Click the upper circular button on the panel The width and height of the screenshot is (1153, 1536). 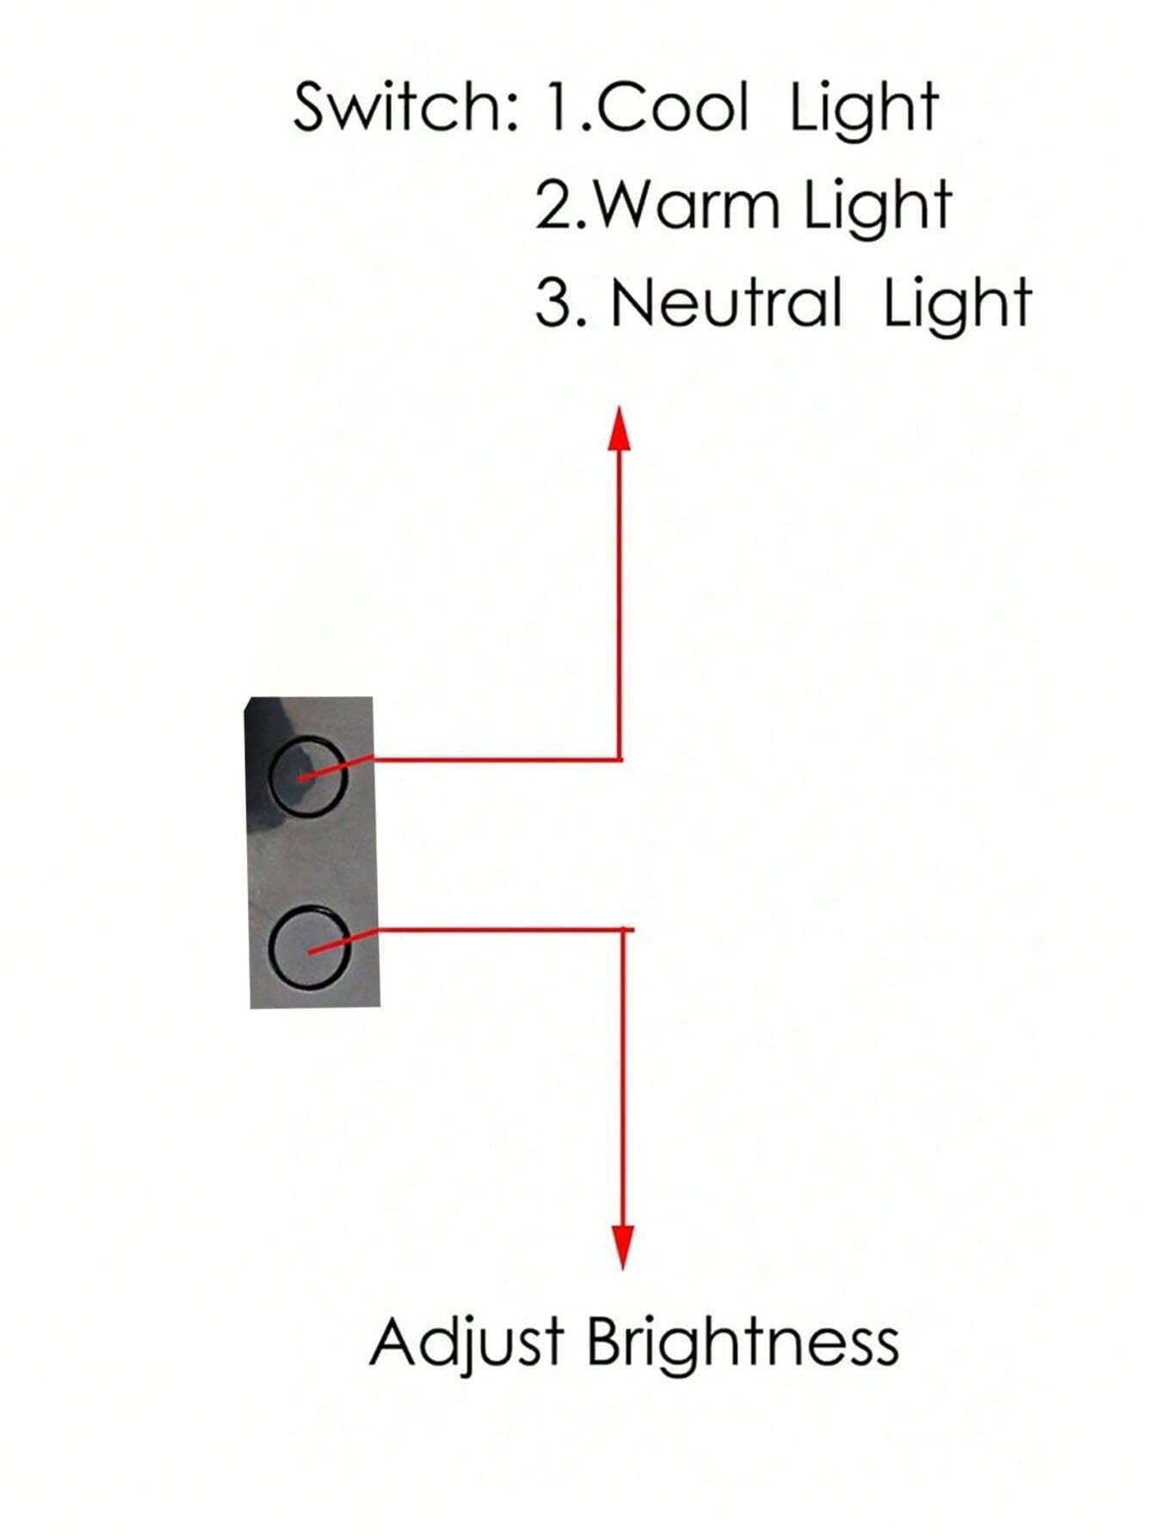pos(309,776)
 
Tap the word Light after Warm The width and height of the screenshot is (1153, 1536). pos(877,207)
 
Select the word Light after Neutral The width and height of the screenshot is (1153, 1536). pos(957,304)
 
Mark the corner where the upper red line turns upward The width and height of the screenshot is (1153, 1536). pos(620,760)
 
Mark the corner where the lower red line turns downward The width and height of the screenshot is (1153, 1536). pos(624,929)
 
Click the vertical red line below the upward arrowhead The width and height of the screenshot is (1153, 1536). pos(620,602)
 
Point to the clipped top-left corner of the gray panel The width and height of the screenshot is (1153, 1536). pos(249,703)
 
